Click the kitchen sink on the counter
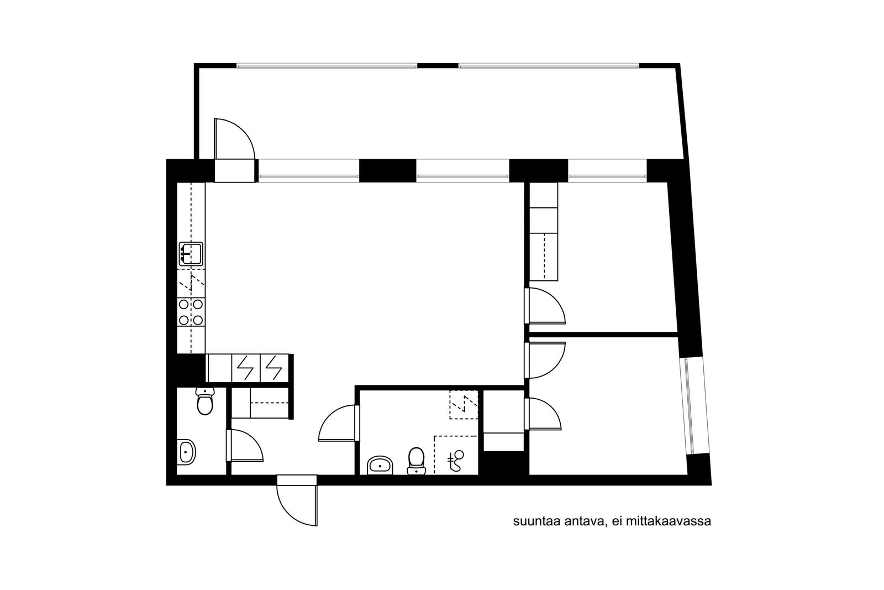pyautogui.click(x=191, y=254)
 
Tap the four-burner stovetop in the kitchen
pyautogui.click(x=191, y=311)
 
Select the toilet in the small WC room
pyautogui.click(x=205, y=401)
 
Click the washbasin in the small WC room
pyautogui.click(x=187, y=451)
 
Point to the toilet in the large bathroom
pyautogui.click(x=416, y=461)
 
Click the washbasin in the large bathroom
pyautogui.click(x=381, y=465)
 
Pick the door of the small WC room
pyautogui.click(x=245, y=446)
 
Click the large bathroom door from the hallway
pyautogui.click(x=339, y=423)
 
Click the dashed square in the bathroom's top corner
pyautogui.click(x=464, y=405)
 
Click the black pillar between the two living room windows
pyautogui.click(x=387, y=171)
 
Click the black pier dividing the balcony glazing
pyautogui.click(x=438, y=65)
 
